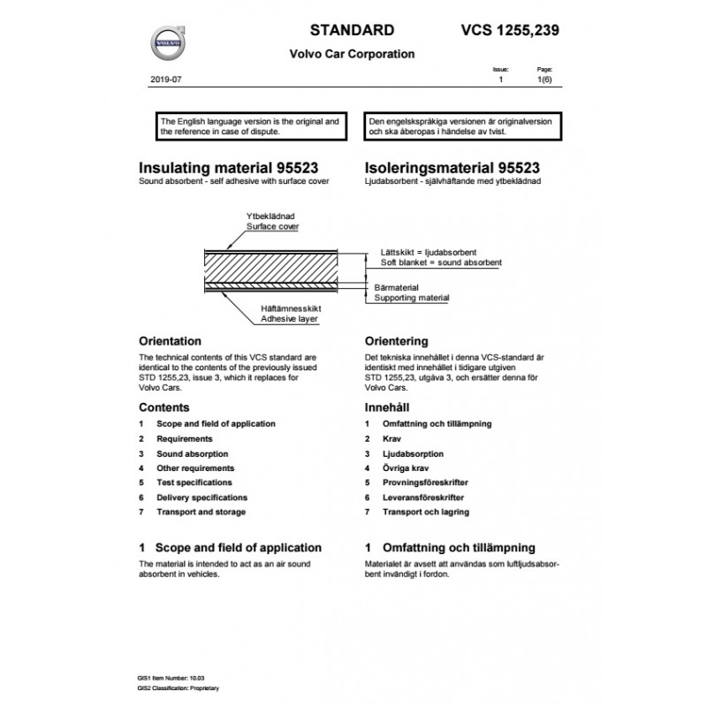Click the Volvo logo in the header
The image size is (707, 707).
(x=167, y=42)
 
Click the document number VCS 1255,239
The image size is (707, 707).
(x=509, y=29)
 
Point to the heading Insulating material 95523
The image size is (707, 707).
(x=229, y=168)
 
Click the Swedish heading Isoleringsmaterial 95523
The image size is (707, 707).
(x=452, y=168)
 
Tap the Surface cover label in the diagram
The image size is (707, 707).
(x=271, y=226)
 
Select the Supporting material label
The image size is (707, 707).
(x=411, y=298)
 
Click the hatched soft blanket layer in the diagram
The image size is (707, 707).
(x=283, y=269)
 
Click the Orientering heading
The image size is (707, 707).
(x=397, y=340)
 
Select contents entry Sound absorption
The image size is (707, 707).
(x=195, y=453)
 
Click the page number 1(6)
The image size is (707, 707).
(x=545, y=80)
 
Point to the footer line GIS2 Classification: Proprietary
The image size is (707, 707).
(x=178, y=687)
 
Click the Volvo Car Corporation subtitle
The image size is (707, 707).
(x=352, y=54)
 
